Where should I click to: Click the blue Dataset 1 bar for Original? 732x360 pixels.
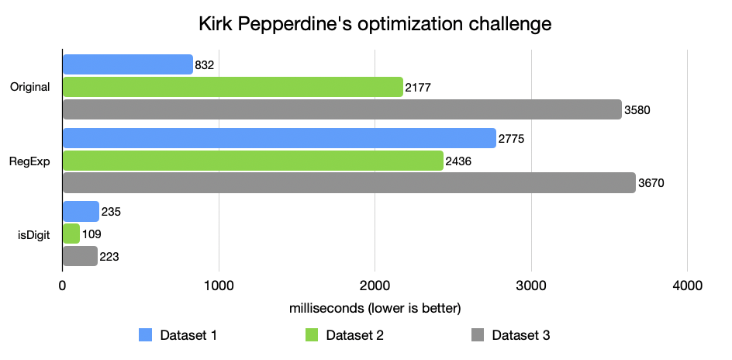click(127, 64)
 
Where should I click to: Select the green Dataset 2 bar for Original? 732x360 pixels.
click(233, 87)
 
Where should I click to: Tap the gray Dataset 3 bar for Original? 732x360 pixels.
click(342, 109)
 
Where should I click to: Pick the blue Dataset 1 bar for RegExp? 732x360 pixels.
click(279, 138)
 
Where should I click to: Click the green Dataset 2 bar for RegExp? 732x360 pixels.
click(253, 161)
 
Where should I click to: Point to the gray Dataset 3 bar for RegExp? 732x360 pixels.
click(349, 183)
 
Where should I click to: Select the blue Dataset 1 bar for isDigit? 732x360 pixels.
click(81, 211)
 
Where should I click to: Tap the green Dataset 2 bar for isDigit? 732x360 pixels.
click(71, 234)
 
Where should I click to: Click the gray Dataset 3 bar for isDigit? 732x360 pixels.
click(80, 256)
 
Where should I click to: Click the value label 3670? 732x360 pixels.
click(651, 184)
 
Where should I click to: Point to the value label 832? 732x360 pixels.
click(205, 65)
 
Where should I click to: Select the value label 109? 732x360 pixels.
click(91, 234)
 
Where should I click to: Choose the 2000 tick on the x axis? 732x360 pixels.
click(375, 286)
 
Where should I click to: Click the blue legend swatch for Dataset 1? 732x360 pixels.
click(145, 335)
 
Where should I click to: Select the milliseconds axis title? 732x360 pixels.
click(375, 308)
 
